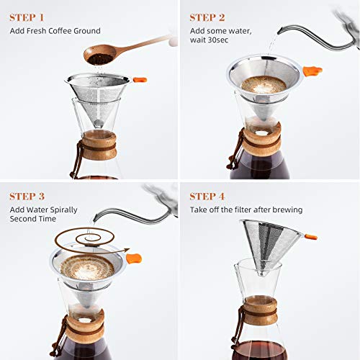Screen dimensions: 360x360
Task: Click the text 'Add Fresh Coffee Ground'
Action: tap(55, 31)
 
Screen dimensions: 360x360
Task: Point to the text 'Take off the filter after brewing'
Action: tap(246, 210)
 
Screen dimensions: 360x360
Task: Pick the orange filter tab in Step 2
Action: tap(311, 71)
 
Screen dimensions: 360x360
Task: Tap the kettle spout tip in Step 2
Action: tap(271, 38)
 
